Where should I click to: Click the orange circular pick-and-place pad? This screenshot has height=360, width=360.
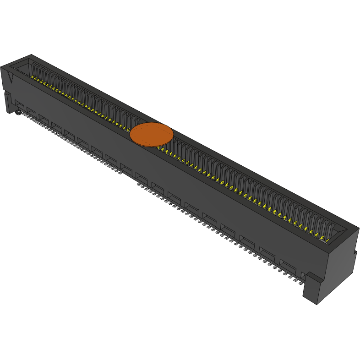pos(152,135)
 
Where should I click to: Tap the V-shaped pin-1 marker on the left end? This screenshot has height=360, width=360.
pos(11,77)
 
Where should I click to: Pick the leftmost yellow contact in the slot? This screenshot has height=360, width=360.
pos(33,77)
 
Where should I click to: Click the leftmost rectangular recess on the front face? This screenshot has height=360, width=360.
pos(20,104)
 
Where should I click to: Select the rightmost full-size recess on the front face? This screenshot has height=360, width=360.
pos(288,265)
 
